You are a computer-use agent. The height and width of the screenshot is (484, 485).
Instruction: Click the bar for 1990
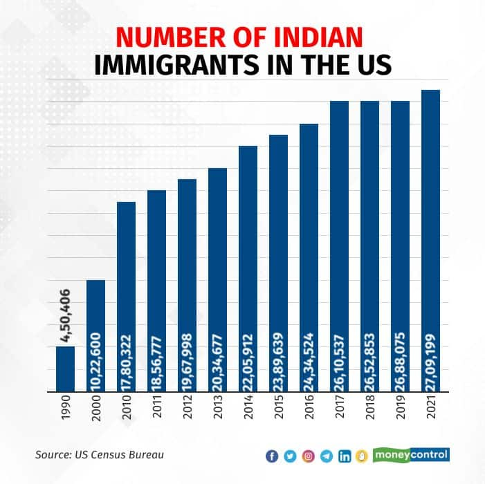click(x=65, y=368)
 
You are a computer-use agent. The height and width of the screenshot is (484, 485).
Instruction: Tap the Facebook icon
click(x=272, y=456)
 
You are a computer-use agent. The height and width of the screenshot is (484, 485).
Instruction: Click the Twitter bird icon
click(x=290, y=456)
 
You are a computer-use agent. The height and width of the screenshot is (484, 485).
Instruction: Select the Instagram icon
click(x=309, y=456)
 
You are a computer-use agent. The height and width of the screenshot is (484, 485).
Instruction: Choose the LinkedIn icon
click(x=344, y=456)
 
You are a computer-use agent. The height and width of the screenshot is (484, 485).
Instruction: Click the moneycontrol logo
click(x=411, y=455)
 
